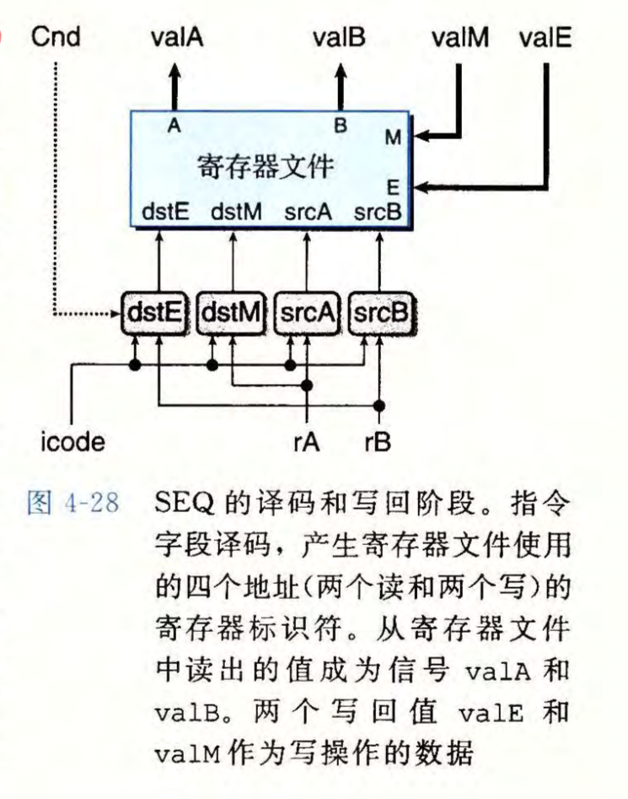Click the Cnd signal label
click(x=55, y=37)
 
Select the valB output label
click(x=339, y=37)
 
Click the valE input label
click(x=546, y=37)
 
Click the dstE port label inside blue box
click(x=164, y=213)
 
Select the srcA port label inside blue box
click(x=306, y=213)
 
